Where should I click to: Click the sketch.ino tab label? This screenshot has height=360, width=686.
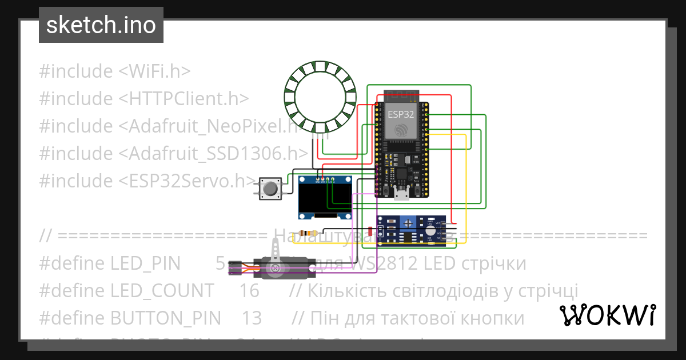[101, 25]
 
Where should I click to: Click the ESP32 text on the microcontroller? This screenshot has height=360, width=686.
[401, 114]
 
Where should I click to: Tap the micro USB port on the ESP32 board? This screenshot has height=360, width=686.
[401, 195]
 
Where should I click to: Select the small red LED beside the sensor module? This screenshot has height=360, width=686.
[371, 231]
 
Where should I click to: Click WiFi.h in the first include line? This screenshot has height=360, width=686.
[155, 71]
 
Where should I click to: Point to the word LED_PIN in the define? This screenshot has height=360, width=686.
[145, 263]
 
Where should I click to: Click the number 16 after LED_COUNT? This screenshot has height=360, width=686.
[249, 291]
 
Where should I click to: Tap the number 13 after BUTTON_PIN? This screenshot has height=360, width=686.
[252, 318]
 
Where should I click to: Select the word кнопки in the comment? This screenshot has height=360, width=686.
[491, 318]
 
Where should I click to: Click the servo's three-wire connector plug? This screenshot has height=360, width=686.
[234, 267]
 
